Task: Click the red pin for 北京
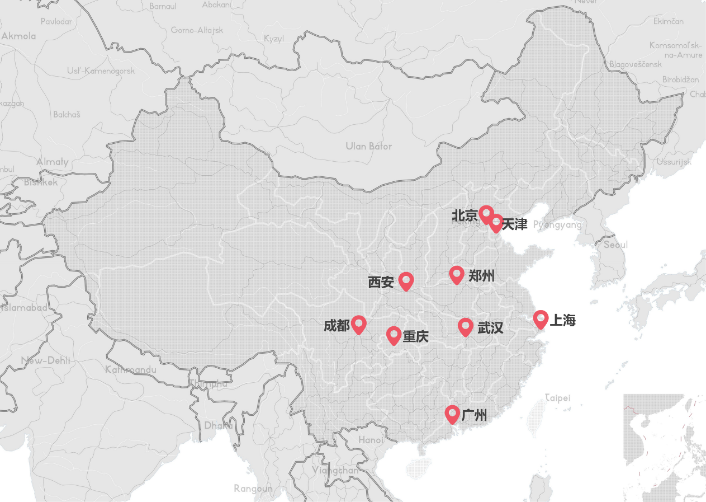(486, 213)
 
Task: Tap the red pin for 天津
(496, 223)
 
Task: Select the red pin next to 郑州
(457, 274)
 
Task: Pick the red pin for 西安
(406, 280)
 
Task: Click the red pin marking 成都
(358, 324)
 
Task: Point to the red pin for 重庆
(394, 335)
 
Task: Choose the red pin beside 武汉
(465, 326)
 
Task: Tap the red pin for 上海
(540, 319)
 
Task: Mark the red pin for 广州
(452, 414)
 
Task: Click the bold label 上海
(562, 321)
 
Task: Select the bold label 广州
(474, 415)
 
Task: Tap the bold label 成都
(337, 326)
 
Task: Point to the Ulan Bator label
(368, 147)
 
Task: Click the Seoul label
(615, 245)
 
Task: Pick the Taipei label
(558, 398)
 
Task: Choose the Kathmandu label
(131, 369)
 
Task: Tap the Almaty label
(53, 162)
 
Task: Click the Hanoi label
(371, 440)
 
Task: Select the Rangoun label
(253, 489)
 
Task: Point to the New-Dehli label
(46, 360)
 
